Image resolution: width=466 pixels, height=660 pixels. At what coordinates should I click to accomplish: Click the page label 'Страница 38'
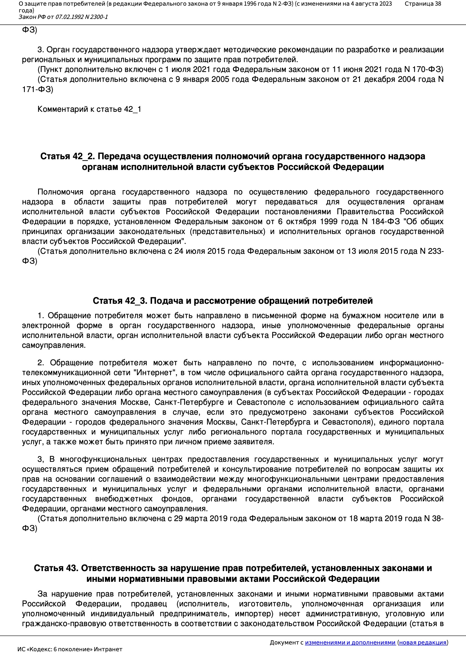point(423,4)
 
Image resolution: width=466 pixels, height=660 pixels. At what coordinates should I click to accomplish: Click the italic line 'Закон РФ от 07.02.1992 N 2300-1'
point(63,17)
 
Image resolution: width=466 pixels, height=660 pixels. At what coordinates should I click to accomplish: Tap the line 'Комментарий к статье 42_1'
point(89,109)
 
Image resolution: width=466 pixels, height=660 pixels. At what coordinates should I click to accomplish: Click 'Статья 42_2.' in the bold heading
point(67,156)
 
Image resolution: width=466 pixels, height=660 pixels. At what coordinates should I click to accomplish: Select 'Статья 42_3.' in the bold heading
point(120,301)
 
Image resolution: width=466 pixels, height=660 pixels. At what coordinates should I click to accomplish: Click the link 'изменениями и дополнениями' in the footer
point(350,642)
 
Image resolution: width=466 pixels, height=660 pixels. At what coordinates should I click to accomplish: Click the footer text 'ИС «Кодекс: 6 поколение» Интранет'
point(70,649)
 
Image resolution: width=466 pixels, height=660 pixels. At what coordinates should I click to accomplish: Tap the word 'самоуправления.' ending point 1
point(54,345)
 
